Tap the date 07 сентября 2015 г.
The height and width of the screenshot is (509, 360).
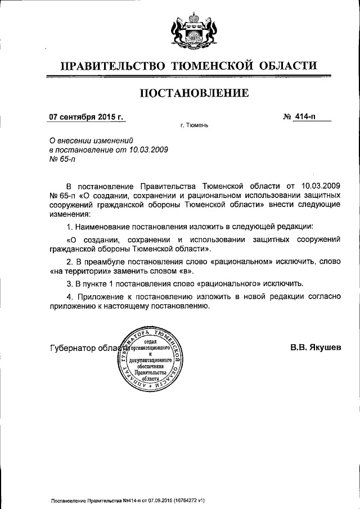tap(85, 118)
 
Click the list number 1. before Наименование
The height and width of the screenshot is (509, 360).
tap(70, 226)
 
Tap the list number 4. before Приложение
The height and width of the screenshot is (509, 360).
tap(70, 296)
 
